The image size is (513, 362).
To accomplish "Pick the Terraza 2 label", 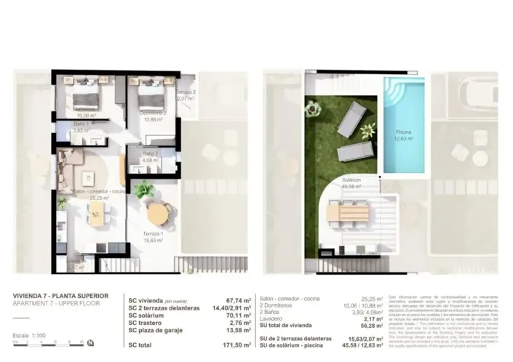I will [185, 93].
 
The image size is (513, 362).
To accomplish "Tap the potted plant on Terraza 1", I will [143, 190].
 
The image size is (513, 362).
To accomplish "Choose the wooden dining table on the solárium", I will [349, 213].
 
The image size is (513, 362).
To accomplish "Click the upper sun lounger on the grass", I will [351, 117].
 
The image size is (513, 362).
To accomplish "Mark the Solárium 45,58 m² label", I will [353, 182].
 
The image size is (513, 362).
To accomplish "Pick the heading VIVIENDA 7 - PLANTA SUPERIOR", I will [61, 296].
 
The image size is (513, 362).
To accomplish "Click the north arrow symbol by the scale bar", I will [89, 343].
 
